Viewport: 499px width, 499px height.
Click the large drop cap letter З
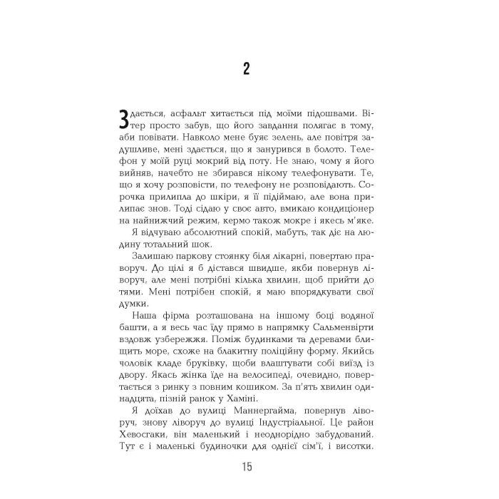125,118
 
